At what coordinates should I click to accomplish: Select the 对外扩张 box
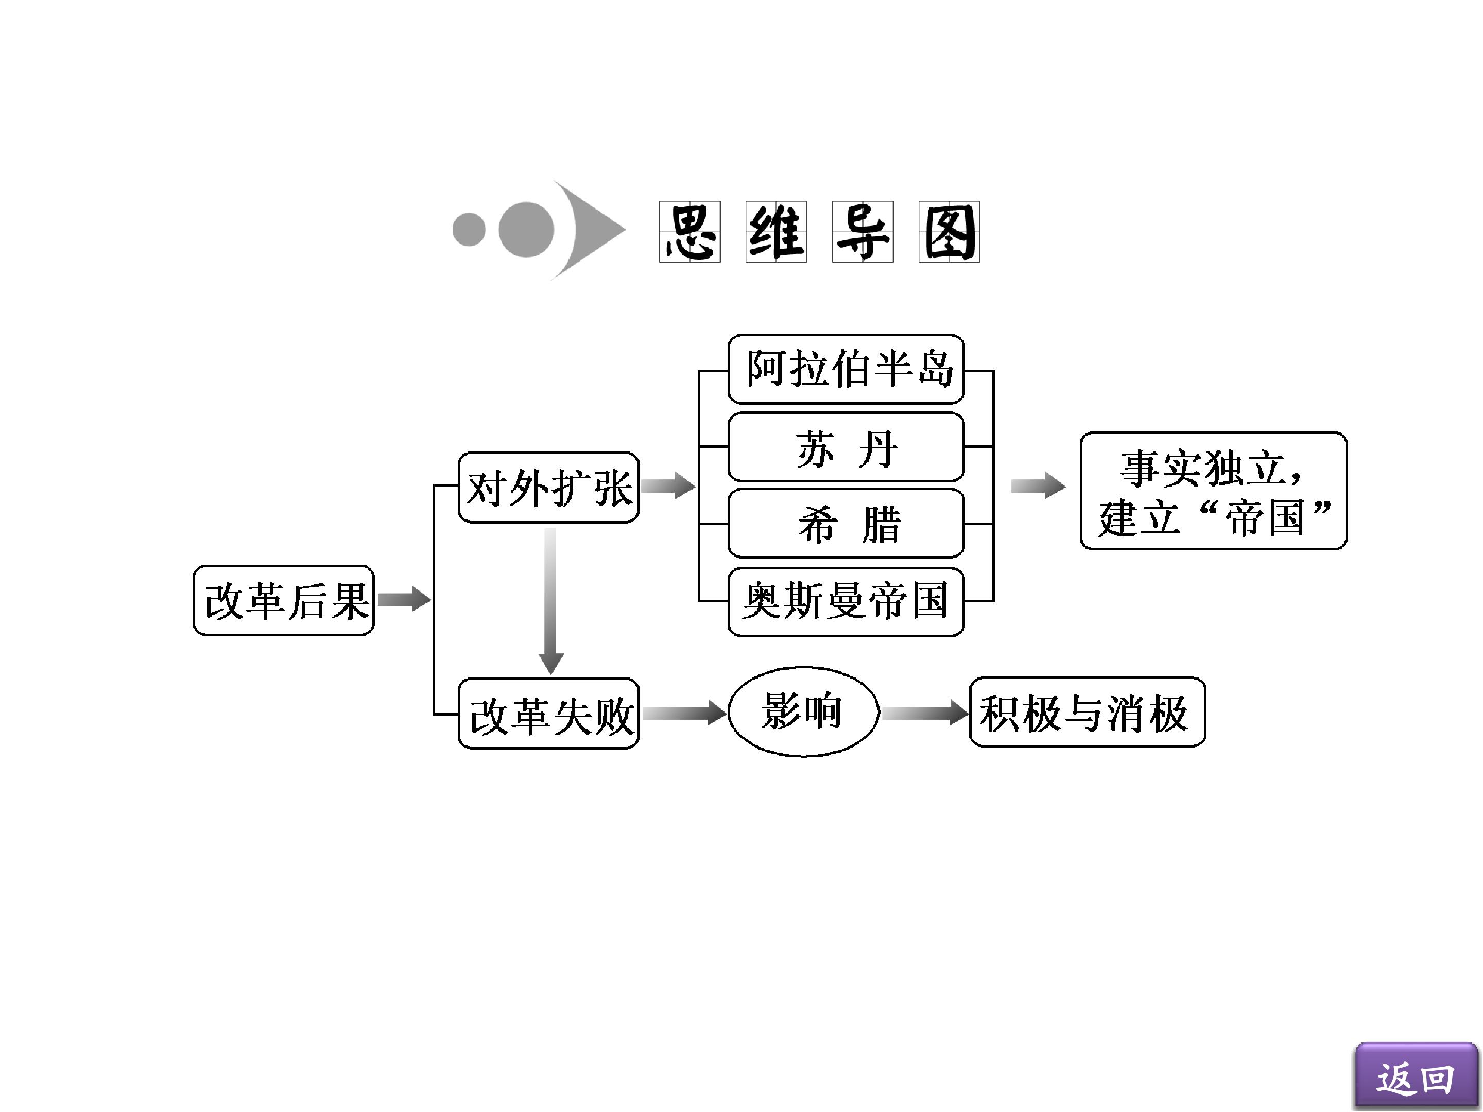548,488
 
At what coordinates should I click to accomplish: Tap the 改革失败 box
548,713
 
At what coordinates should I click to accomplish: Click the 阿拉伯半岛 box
846,369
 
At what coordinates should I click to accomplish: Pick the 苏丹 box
846,447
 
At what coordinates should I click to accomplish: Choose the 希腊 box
846,523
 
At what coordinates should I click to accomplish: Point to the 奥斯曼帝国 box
846,601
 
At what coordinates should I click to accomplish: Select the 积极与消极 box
1088,712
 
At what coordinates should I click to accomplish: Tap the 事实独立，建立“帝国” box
1214,491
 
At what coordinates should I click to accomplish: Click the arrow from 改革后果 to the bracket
404,599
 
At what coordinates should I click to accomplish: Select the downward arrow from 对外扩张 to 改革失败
550,601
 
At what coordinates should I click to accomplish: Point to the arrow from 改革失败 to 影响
684,712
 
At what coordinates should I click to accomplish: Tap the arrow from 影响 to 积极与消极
925,712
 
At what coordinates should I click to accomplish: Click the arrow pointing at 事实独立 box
1038,485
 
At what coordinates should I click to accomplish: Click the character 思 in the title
690,232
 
